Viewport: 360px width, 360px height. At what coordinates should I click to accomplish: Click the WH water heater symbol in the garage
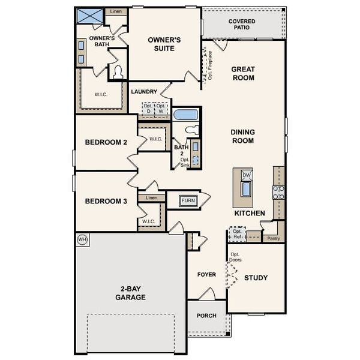[x=82, y=239]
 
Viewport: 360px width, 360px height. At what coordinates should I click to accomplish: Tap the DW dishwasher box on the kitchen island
[x=247, y=175]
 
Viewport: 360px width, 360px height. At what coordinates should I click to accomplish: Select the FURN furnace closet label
[x=188, y=200]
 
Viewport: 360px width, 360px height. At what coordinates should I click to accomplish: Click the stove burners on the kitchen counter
[x=278, y=193]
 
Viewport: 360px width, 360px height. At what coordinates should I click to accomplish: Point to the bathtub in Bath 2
[x=185, y=115]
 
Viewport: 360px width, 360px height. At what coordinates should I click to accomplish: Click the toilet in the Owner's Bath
[x=118, y=73]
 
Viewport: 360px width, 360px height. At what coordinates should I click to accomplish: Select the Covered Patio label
[x=242, y=25]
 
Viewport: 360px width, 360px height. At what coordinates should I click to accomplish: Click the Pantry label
[x=273, y=238]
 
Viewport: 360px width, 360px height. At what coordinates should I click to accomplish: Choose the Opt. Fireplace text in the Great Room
[x=210, y=65]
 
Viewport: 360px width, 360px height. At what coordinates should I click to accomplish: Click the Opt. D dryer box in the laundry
[x=148, y=109]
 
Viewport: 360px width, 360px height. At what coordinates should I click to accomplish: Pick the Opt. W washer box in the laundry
[x=161, y=109]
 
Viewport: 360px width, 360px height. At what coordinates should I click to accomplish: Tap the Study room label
[x=256, y=278]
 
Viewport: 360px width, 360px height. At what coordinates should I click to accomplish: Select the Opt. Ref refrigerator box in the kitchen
[x=238, y=234]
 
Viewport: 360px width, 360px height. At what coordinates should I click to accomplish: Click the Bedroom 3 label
[x=106, y=202]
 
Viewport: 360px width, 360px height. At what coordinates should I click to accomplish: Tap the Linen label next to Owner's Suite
[x=115, y=11]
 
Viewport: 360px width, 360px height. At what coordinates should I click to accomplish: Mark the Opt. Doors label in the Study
[x=235, y=257]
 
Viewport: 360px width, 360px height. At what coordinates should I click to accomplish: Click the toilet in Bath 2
[x=192, y=130]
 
